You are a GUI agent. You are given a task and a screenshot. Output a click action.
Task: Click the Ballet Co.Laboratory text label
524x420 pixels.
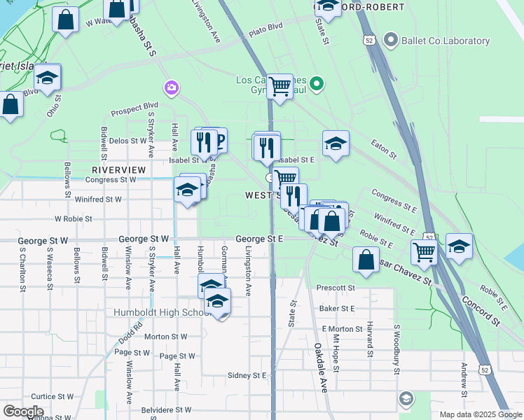[446, 41]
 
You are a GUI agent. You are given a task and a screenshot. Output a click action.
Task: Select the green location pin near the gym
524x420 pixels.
[317, 85]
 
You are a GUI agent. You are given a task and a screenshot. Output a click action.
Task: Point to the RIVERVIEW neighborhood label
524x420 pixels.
[119, 170]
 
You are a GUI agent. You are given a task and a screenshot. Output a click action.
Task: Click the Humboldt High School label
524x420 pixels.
[163, 312]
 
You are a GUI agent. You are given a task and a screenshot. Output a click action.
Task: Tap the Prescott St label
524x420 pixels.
[336, 288]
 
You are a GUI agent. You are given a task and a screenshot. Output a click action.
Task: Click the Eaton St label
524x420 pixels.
[384, 149]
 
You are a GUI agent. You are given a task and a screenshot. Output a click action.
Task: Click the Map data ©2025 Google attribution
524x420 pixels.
[481, 414]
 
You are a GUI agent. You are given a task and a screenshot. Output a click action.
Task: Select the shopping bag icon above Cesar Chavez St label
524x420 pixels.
[366, 260]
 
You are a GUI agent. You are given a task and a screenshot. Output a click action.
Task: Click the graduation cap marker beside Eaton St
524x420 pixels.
[336, 144]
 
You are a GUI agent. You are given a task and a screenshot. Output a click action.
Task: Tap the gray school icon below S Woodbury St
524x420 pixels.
[405, 399]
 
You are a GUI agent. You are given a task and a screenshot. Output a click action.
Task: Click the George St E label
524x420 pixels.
[259, 239]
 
